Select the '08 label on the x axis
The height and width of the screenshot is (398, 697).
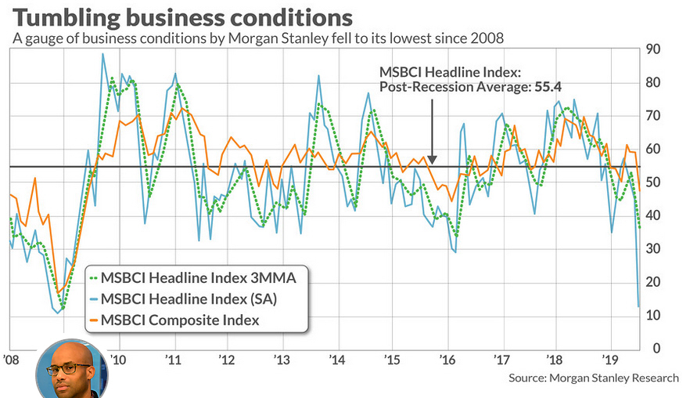tap(11, 360)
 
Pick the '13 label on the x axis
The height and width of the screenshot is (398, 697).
tap(282, 360)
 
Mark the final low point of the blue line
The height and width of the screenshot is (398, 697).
tap(638, 306)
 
